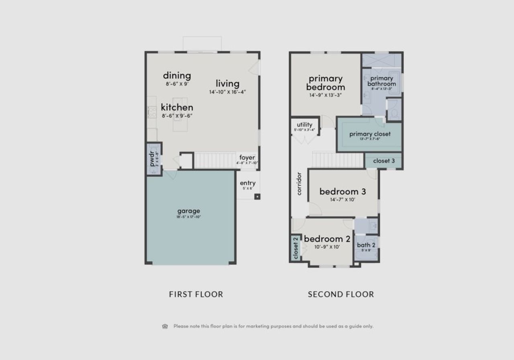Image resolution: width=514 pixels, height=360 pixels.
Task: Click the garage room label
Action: (x=188, y=211)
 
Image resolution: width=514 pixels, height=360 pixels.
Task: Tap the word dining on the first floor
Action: (x=177, y=75)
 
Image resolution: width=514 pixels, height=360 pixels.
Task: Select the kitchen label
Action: (x=177, y=107)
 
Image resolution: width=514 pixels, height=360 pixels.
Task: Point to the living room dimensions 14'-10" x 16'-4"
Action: (x=227, y=92)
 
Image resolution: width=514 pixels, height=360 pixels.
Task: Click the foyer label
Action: (x=247, y=157)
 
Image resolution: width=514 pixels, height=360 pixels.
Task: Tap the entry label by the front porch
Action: (x=247, y=183)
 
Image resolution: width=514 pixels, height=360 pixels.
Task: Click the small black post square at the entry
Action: (x=257, y=196)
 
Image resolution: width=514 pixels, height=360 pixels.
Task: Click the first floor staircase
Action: (x=214, y=160)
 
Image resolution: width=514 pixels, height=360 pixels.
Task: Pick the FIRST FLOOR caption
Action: (x=196, y=295)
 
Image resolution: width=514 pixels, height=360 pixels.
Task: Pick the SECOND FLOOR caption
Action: (x=341, y=295)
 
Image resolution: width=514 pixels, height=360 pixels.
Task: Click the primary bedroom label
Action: (x=325, y=82)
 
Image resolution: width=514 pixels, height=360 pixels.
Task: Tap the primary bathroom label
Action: (x=381, y=81)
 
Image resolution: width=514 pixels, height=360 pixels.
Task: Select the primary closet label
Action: (x=369, y=134)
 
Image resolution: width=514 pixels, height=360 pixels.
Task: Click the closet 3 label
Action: (x=383, y=161)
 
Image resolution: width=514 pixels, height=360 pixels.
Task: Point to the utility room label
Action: (x=304, y=125)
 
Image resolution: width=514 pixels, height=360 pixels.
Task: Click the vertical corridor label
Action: (x=299, y=184)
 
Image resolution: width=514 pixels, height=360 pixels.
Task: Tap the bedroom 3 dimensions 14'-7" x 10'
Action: (x=343, y=200)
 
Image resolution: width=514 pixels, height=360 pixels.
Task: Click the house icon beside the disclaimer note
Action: (x=165, y=326)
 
